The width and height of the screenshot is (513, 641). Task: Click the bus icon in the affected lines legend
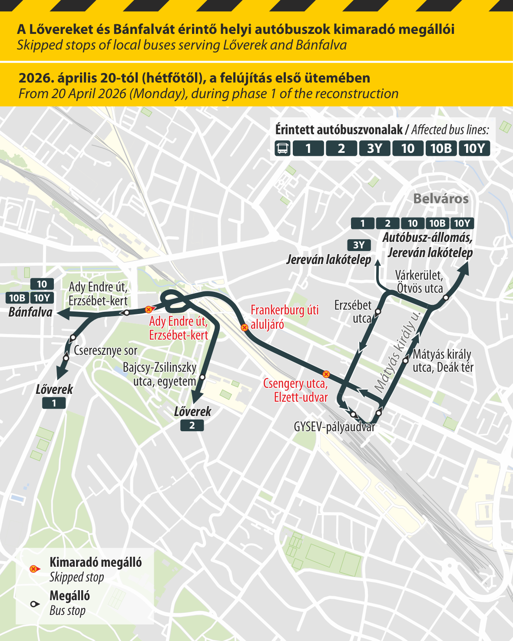[x=282, y=149]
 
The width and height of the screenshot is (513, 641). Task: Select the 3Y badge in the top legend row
[x=374, y=149]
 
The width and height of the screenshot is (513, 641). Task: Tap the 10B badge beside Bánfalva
[x=17, y=298]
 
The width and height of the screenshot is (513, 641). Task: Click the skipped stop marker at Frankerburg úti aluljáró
[x=245, y=327]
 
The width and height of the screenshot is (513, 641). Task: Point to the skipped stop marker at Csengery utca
[x=326, y=374]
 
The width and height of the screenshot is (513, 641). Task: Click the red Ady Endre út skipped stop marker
[x=149, y=309]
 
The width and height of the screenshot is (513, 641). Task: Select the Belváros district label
[x=440, y=199]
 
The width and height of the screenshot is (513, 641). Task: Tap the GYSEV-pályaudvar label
[x=334, y=427]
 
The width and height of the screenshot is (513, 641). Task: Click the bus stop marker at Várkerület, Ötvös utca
[x=446, y=297]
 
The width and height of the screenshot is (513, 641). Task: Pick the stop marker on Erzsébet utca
[x=378, y=311]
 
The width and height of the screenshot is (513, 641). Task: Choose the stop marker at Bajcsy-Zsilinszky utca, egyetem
[x=202, y=377]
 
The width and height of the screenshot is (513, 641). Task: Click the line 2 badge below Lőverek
[x=192, y=426]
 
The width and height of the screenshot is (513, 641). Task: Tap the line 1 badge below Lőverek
[x=54, y=403]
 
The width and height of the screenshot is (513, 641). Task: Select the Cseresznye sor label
[x=106, y=350]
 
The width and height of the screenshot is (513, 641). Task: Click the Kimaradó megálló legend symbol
[x=33, y=569]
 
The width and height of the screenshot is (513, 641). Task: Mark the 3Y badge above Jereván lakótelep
[x=359, y=245]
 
